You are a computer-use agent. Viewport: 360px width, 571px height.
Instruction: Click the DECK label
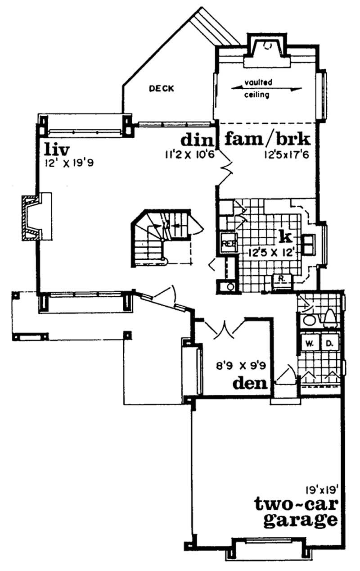pos(161,89)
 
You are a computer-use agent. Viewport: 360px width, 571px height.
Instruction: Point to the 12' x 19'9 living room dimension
pos(68,163)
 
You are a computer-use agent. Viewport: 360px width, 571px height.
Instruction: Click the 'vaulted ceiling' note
pos(258,89)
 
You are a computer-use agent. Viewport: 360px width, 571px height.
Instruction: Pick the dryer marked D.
pos(329,343)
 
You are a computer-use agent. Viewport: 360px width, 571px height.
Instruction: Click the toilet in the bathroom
pos(329,317)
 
